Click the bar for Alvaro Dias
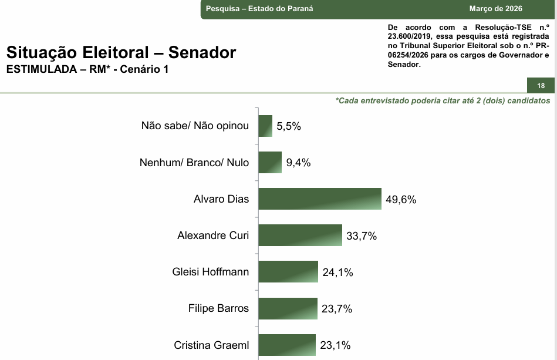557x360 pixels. click(x=320, y=198)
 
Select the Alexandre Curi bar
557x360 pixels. click(x=300, y=235)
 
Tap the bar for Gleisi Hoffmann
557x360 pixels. click(x=288, y=271)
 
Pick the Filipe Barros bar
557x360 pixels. click(x=288, y=308)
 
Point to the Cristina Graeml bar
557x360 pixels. click(x=287, y=344)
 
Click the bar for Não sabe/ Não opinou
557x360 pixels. click(x=265, y=126)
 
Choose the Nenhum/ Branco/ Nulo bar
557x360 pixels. click(x=271, y=162)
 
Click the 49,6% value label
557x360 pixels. click(x=401, y=199)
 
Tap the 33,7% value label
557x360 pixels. click(x=362, y=236)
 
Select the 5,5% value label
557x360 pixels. click(x=289, y=126)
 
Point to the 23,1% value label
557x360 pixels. click(x=336, y=345)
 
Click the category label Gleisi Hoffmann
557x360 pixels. click(x=211, y=272)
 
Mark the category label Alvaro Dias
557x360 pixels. click(x=221, y=199)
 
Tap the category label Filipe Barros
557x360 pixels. click(x=218, y=308)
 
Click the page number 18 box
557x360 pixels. click(x=541, y=86)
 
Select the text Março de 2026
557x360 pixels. click(x=495, y=9)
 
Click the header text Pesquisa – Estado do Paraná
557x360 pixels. click(x=259, y=9)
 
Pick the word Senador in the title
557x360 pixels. click(x=202, y=53)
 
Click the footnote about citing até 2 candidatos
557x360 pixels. click(x=443, y=100)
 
